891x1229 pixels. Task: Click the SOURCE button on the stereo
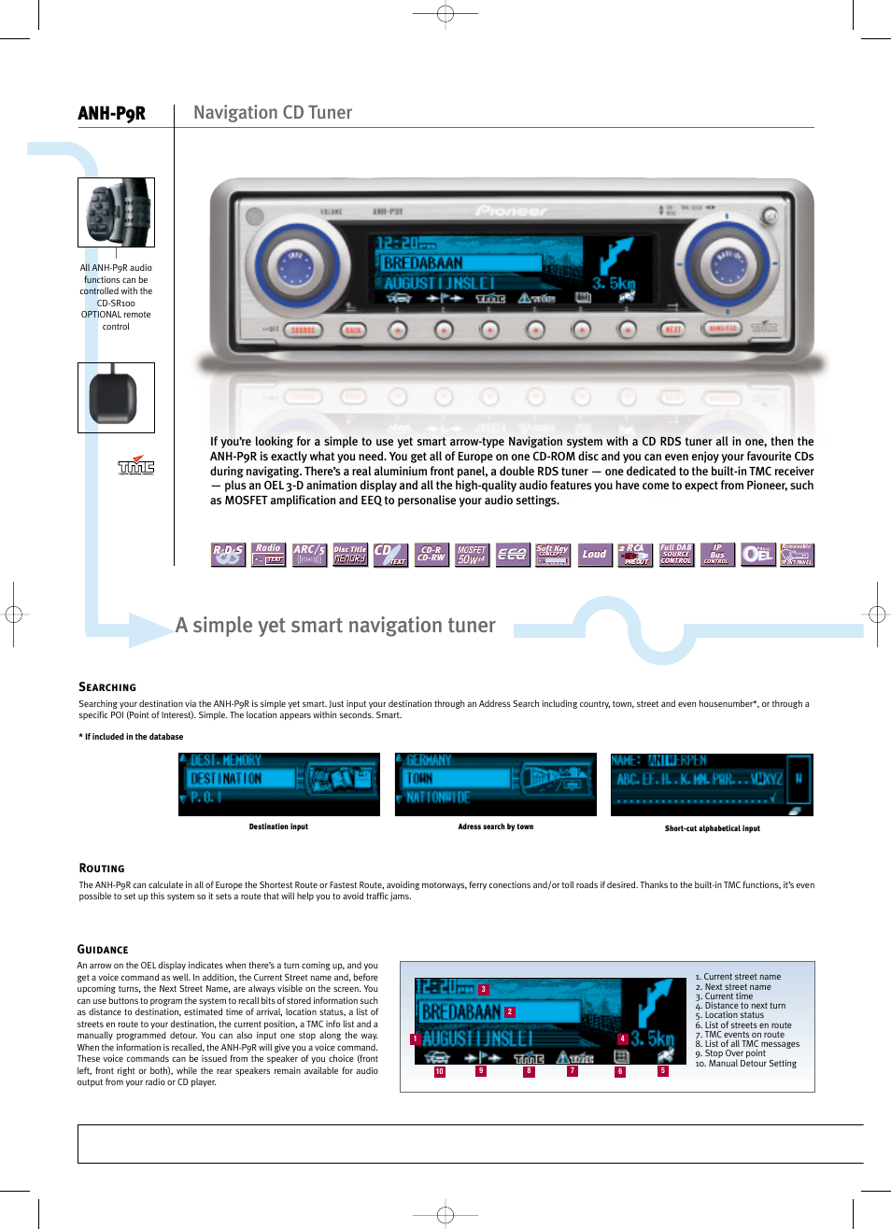(x=303, y=330)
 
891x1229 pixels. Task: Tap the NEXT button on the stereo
(x=672, y=330)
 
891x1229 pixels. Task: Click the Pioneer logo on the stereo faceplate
(x=511, y=211)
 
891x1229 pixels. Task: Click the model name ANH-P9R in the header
(x=111, y=114)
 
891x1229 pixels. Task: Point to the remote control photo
(x=116, y=213)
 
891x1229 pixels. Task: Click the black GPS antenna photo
(x=116, y=398)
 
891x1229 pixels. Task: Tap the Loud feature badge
(x=594, y=555)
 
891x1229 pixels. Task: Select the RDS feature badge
(x=228, y=555)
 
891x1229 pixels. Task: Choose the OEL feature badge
(x=757, y=555)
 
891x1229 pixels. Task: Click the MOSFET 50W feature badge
(x=472, y=555)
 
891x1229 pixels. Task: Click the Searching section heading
(x=107, y=687)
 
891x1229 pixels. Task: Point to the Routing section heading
(x=102, y=869)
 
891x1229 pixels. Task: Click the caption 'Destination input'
(x=278, y=826)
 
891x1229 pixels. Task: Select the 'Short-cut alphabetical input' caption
(x=712, y=828)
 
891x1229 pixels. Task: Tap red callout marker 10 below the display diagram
(x=439, y=1072)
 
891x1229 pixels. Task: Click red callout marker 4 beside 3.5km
(x=622, y=1038)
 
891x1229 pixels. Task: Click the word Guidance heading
(x=103, y=950)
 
